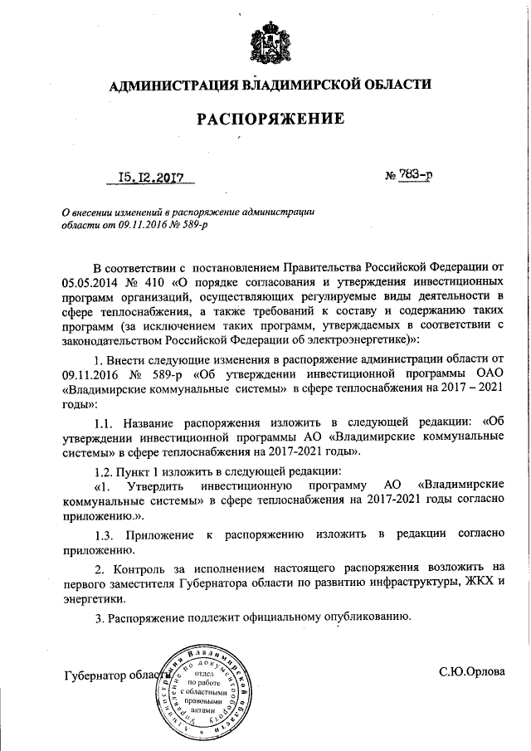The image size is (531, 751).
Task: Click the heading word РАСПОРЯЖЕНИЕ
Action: (270, 119)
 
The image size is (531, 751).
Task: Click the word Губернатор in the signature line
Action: (96, 675)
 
